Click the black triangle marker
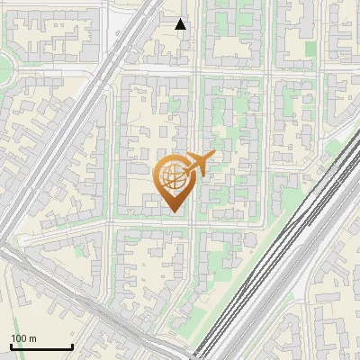(x=181, y=24)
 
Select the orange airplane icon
(x=198, y=164)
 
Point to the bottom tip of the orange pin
(x=173, y=213)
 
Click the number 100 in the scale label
(x=20, y=338)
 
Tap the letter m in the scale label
(x=33, y=338)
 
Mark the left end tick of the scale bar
(x=11, y=346)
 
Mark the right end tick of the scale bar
(x=72, y=346)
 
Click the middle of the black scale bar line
(x=41, y=347)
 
